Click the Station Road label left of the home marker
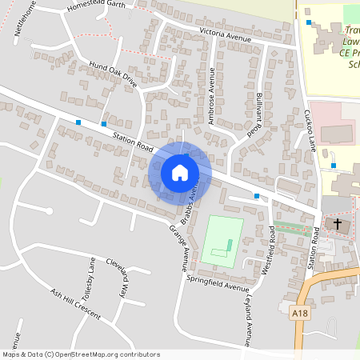point(133,144)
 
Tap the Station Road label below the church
point(314,248)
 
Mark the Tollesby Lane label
point(89,277)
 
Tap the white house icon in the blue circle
point(180,173)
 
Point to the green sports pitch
point(220,240)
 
